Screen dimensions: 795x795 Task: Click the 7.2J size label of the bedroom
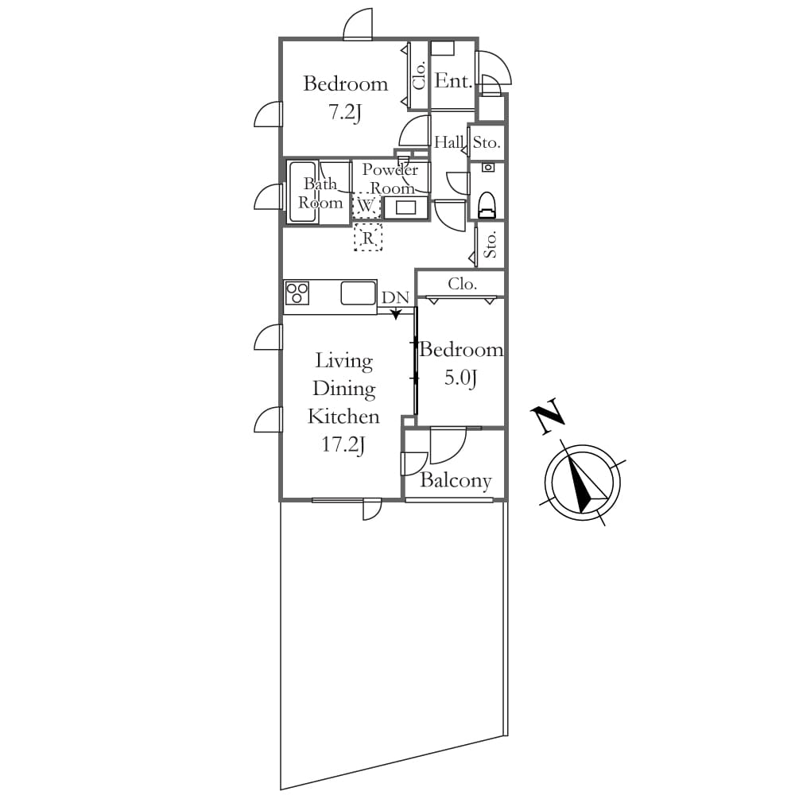tap(345, 113)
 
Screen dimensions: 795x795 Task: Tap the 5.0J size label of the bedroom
tap(460, 378)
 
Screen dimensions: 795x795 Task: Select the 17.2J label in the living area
tap(343, 444)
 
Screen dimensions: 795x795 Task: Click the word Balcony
tap(456, 481)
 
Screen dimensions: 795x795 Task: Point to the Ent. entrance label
tap(454, 80)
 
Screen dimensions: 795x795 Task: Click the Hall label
tap(448, 142)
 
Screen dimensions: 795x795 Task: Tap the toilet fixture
tap(487, 205)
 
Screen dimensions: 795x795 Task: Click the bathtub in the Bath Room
tap(303, 192)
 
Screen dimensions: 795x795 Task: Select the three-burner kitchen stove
tap(297, 293)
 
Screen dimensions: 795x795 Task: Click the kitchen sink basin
tap(358, 293)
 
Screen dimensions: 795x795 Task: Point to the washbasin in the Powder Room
tap(405, 207)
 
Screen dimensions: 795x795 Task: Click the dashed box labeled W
tap(366, 206)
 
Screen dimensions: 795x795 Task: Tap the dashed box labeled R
tap(368, 237)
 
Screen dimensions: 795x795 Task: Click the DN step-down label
tap(395, 297)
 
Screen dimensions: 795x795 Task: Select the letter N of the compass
tap(548, 417)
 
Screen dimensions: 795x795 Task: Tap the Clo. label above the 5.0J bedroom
tap(462, 284)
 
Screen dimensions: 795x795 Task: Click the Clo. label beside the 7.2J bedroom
tap(419, 76)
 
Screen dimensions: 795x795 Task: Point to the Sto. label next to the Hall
tap(487, 142)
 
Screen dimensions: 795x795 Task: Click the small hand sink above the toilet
tap(488, 167)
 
